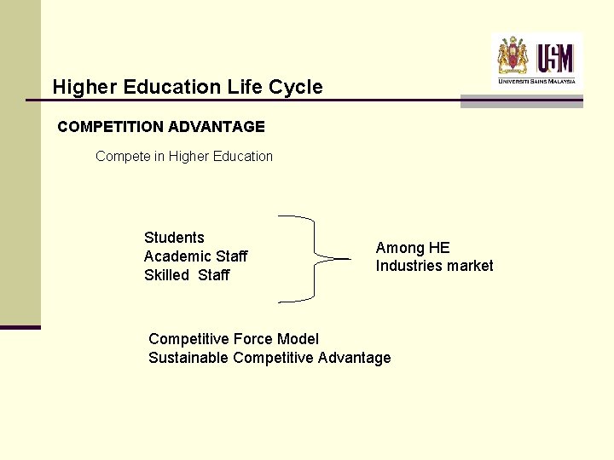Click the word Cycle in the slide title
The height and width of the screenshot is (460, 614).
pyautogui.click(x=294, y=87)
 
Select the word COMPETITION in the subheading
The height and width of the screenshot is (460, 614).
pyautogui.click(x=111, y=127)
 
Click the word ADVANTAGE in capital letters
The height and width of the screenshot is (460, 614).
pyautogui.click(x=217, y=127)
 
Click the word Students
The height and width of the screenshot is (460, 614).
pyautogui.click(x=174, y=238)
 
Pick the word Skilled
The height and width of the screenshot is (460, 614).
pyautogui.click(x=167, y=275)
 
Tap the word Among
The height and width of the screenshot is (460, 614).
pyautogui.click(x=400, y=248)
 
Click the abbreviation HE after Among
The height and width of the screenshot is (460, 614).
pyautogui.click(x=439, y=248)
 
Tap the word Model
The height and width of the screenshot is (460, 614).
pyautogui.click(x=298, y=340)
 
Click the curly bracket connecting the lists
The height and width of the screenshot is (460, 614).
pyautogui.click(x=314, y=258)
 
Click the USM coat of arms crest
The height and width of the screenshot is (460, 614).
pyautogui.click(x=513, y=56)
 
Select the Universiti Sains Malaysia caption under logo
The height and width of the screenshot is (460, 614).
pyautogui.click(x=537, y=82)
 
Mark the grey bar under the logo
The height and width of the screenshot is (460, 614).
pyautogui.click(x=521, y=102)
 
